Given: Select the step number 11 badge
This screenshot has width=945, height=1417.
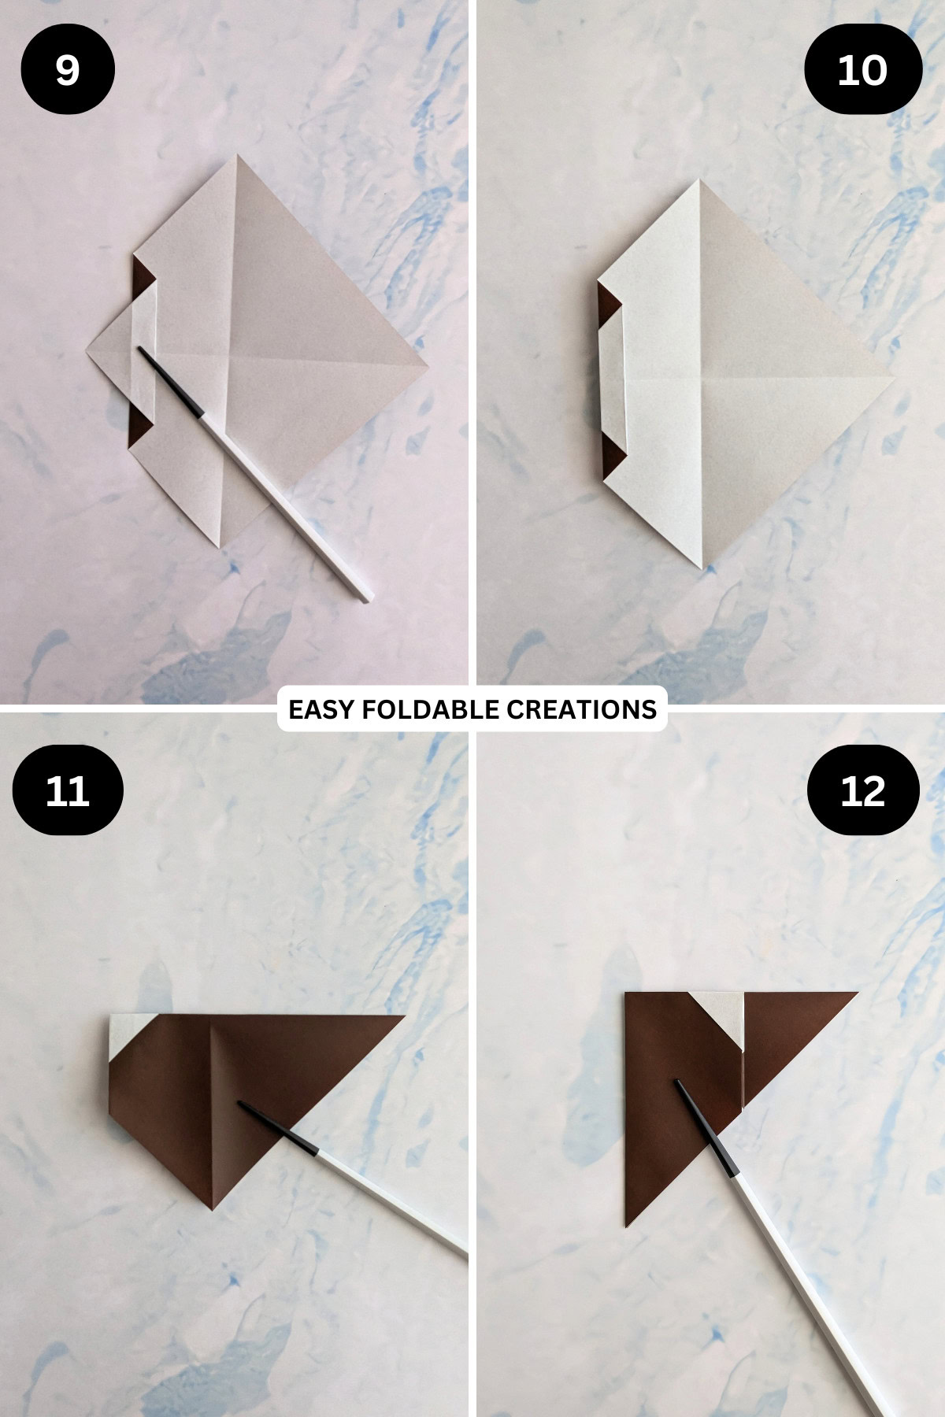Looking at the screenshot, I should (x=68, y=790).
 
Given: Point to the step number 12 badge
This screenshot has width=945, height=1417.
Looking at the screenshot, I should (x=863, y=790).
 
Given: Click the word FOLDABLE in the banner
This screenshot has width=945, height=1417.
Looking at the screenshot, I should (x=430, y=709).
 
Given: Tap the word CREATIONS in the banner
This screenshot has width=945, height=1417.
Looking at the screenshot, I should (x=581, y=709).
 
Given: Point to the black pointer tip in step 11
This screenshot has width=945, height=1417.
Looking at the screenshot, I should (x=243, y=1104).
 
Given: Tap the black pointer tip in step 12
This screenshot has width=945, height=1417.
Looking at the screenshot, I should (x=679, y=1083).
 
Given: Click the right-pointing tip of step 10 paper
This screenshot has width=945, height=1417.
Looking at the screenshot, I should (x=893, y=379).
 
